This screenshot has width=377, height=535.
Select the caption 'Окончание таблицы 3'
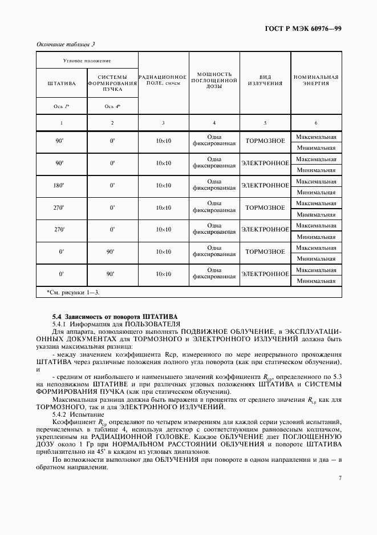(66, 44)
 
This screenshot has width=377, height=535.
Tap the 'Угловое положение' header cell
(87, 60)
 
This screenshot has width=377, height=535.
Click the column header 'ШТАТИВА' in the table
(62, 83)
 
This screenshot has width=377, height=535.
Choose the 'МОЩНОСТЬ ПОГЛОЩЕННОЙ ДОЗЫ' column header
(214, 80)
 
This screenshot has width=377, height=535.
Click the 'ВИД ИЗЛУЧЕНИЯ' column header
(265, 80)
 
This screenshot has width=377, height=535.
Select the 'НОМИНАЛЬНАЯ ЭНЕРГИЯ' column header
(316, 79)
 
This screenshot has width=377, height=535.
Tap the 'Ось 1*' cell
(62, 106)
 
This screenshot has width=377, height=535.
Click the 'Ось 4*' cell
(112, 106)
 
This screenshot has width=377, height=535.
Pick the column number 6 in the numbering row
(316, 123)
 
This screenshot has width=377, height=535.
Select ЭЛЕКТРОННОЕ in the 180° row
(265, 185)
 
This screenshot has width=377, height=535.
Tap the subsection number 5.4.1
(60, 324)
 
